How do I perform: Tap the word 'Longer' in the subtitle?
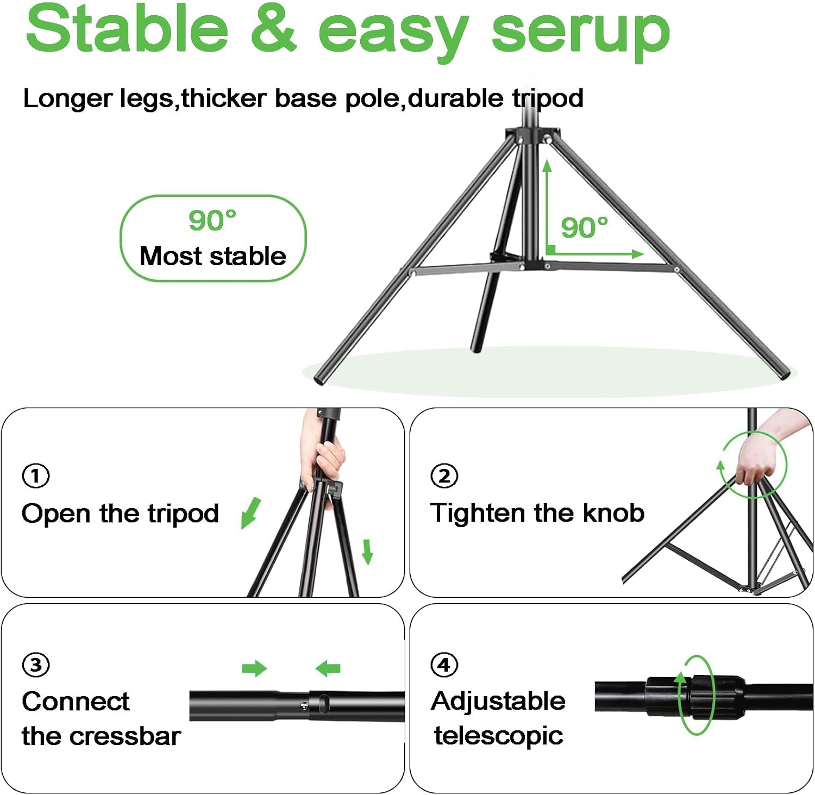pos(67,99)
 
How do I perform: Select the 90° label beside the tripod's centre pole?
pos(584,227)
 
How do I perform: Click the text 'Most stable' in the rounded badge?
pos(212,256)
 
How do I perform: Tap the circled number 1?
pos(36,476)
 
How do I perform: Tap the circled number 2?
pos(444,476)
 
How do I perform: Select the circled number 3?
pos(36,665)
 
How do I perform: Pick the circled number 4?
pos(444,665)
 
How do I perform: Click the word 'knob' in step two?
pos(613,513)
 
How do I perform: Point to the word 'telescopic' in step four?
pos(498,736)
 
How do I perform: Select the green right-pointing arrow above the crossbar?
pos(254,668)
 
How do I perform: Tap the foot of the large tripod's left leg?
pos(321,379)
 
